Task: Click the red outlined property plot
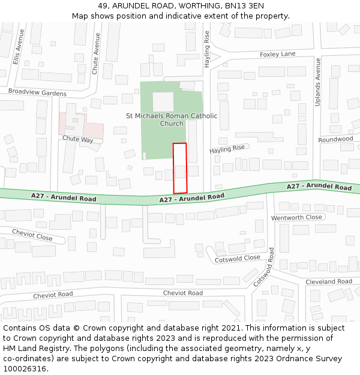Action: (x=180, y=168)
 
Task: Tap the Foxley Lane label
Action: (x=277, y=54)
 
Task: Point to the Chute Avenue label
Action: (x=95, y=53)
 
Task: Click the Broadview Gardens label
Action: (x=37, y=93)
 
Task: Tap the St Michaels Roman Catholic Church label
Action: (x=172, y=119)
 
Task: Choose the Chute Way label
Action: (x=78, y=139)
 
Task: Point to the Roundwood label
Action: (x=335, y=139)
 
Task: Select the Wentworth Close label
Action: (x=296, y=217)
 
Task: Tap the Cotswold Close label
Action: (x=238, y=258)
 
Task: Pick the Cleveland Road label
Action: (x=328, y=281)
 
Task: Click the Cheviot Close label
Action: (x=32, y=235)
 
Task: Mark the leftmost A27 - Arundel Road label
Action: (x=64, y=197)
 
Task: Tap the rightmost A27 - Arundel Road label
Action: (x=319, y=187)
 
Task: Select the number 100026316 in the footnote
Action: (x=25, y=368)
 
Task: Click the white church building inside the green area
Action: (x=163, y=101)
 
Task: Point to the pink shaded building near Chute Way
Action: (x=81, y=125)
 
